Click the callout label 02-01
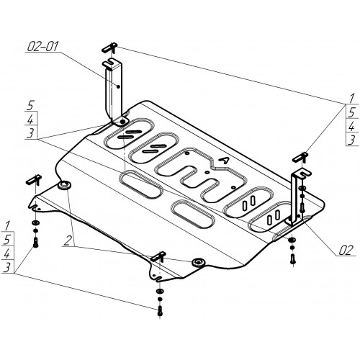click(42, 46)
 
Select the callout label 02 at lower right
click(346, 250)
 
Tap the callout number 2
click(68, 240)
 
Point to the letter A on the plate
click(224, 161)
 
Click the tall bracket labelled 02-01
click(114, 92)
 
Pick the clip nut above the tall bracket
click(109, 48)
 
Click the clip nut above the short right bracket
click(300, 157)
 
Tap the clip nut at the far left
click(34, 179)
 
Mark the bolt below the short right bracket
click(292, 259)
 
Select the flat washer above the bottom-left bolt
click(35, 222)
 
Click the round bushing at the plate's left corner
click(64, 185)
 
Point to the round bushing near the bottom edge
click(198, 262)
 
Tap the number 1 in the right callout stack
click(351, 99)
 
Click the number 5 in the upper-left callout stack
click(30, 106)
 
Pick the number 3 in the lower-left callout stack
click(7, 267)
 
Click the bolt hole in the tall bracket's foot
click(122, 122)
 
